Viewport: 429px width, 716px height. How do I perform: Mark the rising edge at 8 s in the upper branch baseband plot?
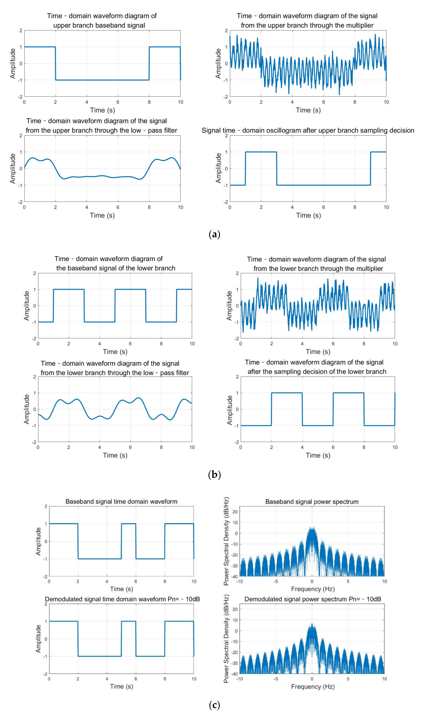tap(149, 63)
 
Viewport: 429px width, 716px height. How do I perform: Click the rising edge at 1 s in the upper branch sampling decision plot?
tap(245, 168)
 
